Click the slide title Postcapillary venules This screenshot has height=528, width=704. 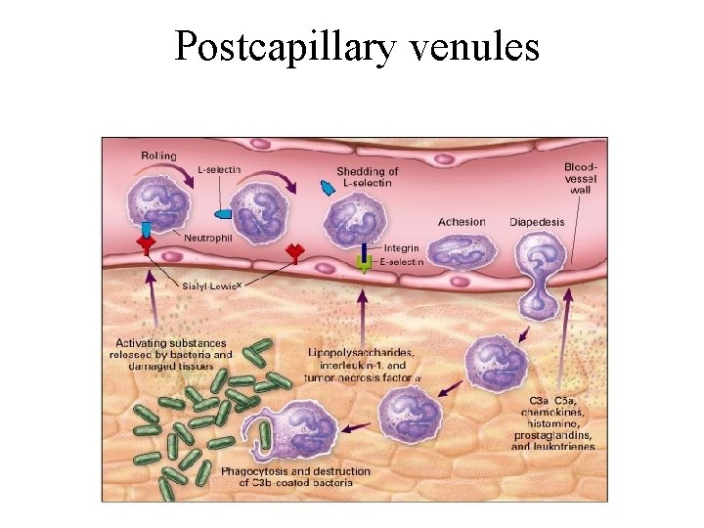coord(357,45)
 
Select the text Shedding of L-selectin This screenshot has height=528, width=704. coord(368,177)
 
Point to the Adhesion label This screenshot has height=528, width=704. coord(462,222)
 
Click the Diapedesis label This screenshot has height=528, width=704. coord(537,222)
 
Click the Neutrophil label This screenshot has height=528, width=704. coord(208,238)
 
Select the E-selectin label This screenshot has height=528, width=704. coord(401,262)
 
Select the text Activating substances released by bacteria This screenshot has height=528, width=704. coord(173,354)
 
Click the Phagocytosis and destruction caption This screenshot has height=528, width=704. coord(282,476)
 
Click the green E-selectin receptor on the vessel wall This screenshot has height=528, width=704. coord(364,263)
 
